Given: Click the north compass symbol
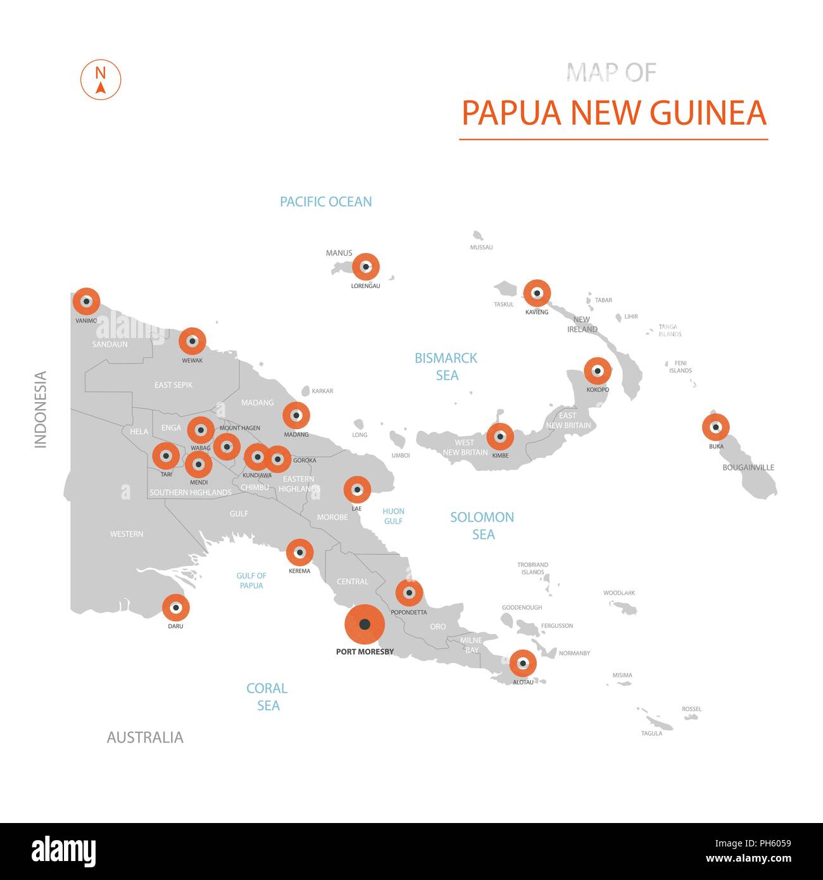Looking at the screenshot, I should coord(100,80).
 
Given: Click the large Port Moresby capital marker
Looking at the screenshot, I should coord(364,624).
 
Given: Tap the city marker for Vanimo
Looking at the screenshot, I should coord(86,301).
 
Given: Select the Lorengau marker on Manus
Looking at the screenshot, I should coord(365,267).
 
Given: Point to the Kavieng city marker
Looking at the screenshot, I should coord(537,293).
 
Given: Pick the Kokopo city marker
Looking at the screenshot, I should coord(597,371).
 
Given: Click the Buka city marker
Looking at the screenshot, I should coord(715,427).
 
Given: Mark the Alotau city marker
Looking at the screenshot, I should coord(523,663).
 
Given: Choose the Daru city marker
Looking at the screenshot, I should coord(175,608).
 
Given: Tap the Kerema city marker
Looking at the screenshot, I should coord(299,553).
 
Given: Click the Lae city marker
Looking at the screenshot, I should coord(357,489).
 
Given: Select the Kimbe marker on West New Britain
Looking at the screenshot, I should coord(500,437).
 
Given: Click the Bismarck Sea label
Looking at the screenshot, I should coord(446,367).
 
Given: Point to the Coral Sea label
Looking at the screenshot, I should coord(267,696).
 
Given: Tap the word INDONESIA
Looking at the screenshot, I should coord(41,410).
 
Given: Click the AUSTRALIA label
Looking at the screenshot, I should coord(145,737).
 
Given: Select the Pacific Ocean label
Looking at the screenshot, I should coord(326,202).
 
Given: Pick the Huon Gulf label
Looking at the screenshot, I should coord(393,516).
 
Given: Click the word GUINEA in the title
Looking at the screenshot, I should coord(708,113).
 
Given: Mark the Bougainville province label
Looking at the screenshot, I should coord(748,467).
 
